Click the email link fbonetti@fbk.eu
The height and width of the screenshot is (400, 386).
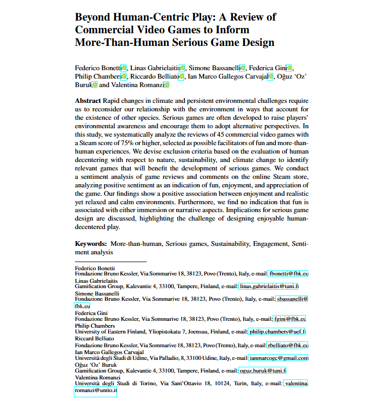click(x=288, y=273)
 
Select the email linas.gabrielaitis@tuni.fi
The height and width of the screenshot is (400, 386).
click(x=268, y=286)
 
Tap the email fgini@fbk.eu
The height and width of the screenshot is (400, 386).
click(x=289, y=319)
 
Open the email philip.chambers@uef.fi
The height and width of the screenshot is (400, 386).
click(x=277, y=331)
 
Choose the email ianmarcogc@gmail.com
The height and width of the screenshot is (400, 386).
click(x=278, y=358)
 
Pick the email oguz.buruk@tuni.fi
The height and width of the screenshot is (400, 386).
click(x=263, y=370)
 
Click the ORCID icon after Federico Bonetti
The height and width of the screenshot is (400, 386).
click(x=124, y=68)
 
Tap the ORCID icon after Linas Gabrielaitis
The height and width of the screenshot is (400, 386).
click(x=182, y=68)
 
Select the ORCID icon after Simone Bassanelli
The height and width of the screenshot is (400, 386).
click(x=243, y=68)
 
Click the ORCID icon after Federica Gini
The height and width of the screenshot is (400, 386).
click(x=289, y=68)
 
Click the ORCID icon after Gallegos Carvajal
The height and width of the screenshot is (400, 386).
click(x=271, y=77)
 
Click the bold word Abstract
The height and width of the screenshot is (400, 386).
click(x=88, y=100)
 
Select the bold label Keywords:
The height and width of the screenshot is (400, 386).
click(x=91, y=244)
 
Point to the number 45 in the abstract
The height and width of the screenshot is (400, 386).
click(x=224, y=135)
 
